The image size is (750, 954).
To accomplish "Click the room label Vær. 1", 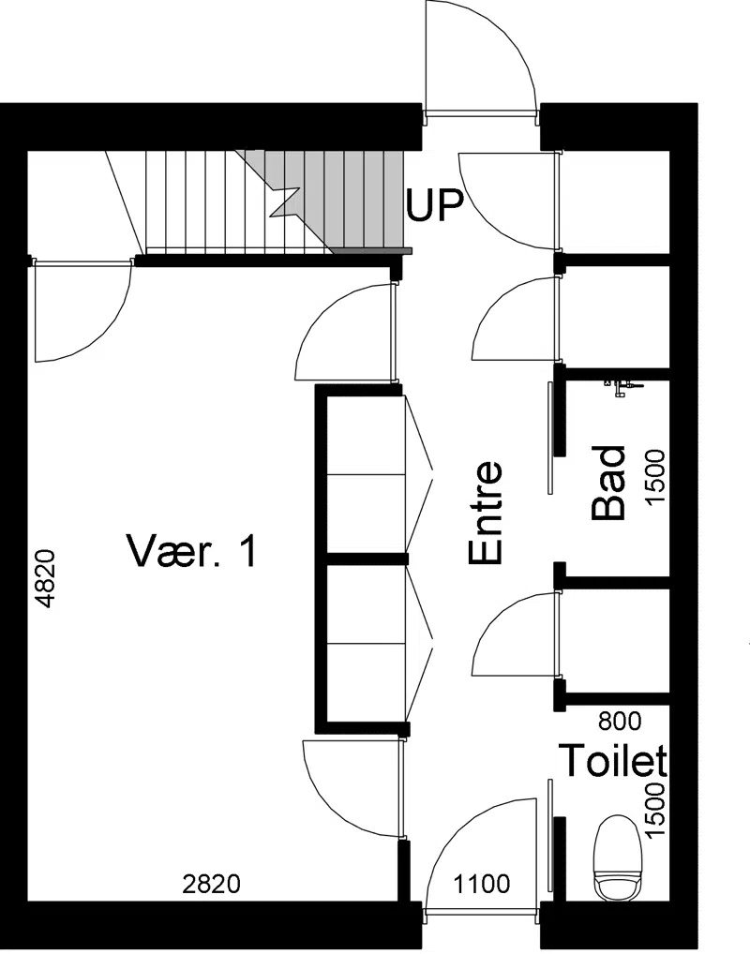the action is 191,550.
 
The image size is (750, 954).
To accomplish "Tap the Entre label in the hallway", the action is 486,513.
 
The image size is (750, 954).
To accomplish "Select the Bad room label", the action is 608,483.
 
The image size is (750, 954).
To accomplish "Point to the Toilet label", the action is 613,760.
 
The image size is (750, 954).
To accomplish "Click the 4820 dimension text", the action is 46,579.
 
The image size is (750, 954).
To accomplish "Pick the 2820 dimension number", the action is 212,884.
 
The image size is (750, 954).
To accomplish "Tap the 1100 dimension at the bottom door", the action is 481,884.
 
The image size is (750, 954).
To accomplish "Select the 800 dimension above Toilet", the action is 620,722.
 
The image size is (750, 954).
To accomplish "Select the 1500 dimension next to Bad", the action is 655,478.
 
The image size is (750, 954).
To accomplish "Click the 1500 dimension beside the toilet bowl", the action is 655,811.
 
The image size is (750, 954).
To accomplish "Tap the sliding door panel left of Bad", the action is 550,438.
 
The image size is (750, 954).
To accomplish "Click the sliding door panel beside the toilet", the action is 550,834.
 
